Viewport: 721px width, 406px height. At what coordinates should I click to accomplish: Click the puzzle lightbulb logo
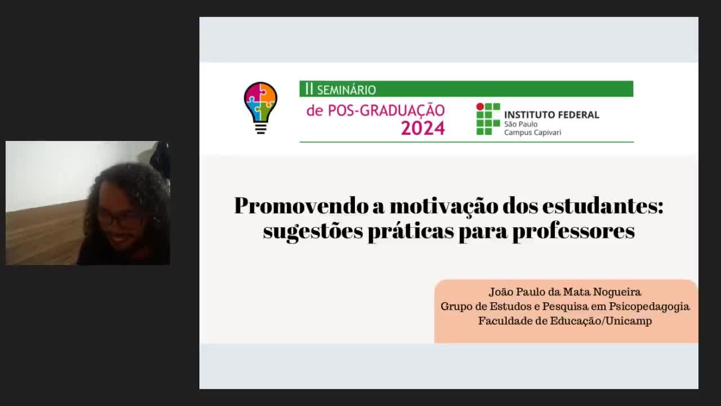260,108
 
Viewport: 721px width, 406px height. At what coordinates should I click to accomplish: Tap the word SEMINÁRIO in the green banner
346,90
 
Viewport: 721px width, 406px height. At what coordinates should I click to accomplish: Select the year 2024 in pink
422,128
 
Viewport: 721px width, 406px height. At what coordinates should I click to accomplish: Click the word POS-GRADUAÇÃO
386,111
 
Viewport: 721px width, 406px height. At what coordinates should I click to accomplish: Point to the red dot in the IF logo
480,107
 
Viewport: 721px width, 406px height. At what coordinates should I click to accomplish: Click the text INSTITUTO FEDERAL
551,114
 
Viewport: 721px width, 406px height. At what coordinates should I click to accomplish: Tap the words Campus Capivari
532,133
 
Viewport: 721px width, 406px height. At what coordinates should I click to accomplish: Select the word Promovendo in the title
301,206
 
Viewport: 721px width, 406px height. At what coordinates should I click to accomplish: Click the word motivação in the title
444,206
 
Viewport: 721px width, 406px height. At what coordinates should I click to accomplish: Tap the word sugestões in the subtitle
313,231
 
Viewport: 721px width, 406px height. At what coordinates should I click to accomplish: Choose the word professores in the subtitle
573,231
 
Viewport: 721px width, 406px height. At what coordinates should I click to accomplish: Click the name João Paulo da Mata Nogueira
565,292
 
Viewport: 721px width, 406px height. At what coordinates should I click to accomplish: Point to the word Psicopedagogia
649,307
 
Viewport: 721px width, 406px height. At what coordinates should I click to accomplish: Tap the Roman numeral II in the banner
309,89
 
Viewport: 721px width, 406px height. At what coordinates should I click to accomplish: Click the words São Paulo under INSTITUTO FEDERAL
521,124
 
